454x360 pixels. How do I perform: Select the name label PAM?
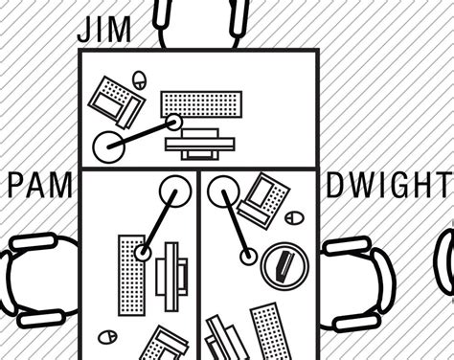point(40,185)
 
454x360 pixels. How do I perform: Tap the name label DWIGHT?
point(387,185)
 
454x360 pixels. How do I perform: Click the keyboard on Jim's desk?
point(201,103)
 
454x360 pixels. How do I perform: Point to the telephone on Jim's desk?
point(115,100)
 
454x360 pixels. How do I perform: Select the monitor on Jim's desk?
point(200,144)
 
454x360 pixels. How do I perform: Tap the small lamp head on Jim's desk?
point(173,122)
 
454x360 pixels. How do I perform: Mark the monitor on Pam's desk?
point(169,277)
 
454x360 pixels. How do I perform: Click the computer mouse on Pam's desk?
point(108,337)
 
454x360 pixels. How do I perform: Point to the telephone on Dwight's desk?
point(263,200)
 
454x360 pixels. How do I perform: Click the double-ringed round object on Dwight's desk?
point(284,264)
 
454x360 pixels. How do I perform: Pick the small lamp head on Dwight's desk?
point(249,256)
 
